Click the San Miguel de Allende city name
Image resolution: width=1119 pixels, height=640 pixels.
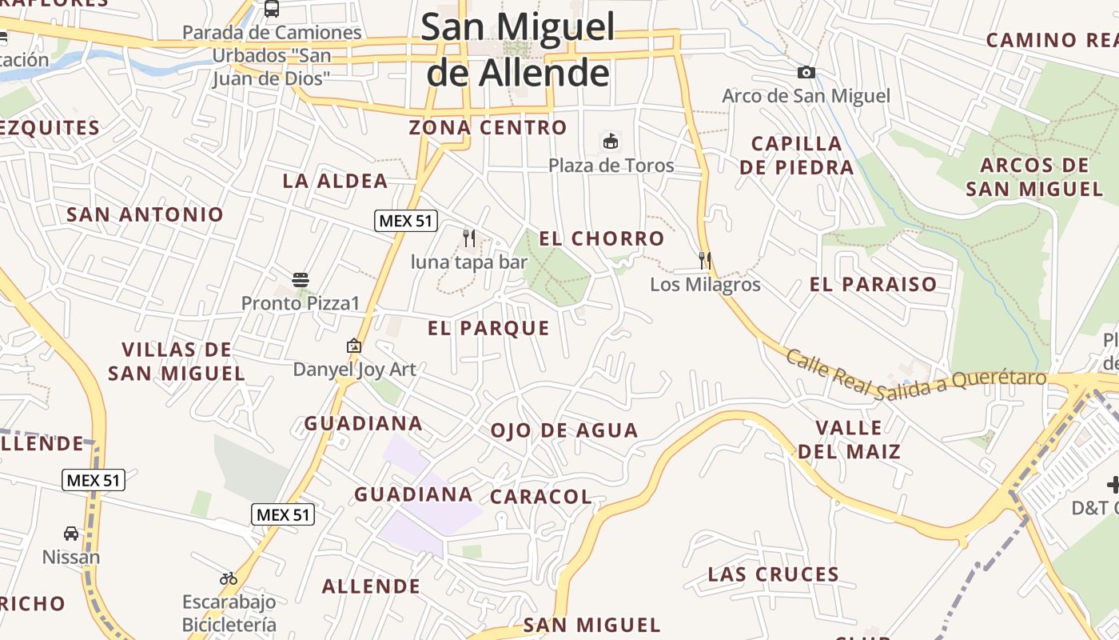518,50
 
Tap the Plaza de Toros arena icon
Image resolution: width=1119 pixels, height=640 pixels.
611,142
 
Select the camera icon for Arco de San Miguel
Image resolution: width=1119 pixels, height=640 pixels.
806,73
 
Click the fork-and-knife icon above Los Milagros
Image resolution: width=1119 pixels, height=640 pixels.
705,260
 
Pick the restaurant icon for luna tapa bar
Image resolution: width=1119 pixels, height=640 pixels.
469,238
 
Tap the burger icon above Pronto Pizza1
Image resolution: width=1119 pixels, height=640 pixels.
301,280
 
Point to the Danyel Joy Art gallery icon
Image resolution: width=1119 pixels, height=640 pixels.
354,346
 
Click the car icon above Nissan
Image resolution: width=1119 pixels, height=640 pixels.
71,534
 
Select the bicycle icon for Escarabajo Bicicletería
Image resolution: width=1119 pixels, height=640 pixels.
229,578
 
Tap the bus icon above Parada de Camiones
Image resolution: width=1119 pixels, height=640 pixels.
272,9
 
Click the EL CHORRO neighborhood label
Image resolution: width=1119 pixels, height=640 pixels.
602,238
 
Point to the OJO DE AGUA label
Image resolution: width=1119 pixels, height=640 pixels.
564,430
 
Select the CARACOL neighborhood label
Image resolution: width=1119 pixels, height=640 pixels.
541,497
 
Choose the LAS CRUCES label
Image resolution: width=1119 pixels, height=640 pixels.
774,574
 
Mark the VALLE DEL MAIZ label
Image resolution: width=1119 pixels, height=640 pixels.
849,439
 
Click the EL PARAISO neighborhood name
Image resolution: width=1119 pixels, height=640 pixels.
873,284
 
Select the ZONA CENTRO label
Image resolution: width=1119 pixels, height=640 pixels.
488,127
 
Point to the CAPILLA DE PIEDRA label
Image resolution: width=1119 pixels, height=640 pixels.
797,155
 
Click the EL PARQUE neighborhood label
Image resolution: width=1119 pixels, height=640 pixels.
488,328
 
